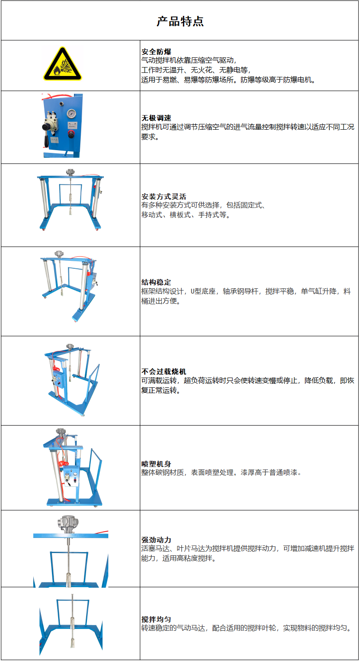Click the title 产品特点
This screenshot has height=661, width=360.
[x=180, y=21]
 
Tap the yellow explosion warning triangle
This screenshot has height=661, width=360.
[x=63, y=64]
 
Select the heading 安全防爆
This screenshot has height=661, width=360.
[x=156, y=52]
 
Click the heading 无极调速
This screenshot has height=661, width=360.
[x=156, y=118]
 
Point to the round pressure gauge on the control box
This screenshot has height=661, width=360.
[x=71, y=114]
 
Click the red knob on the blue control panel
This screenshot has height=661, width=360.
[x=71, y=134]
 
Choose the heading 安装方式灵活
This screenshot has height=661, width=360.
[x=164, y=196]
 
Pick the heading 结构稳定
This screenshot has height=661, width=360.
[x=156, y=282]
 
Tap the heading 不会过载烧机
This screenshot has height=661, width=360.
[x=164, y=371]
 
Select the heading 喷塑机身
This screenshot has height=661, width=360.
[x=156, y=464]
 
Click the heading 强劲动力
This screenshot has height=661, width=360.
[x=156, y=540]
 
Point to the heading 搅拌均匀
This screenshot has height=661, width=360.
[x=156, y=619]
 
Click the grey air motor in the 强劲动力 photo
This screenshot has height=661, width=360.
[x=68, y=524]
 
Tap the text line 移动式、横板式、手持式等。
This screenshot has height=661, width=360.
[x=186, y=215]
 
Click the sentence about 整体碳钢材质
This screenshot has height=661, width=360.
[x=222, y=473]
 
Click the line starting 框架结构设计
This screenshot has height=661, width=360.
[x=246, y=291]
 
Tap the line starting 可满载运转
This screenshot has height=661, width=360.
[x=248, y=380]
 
